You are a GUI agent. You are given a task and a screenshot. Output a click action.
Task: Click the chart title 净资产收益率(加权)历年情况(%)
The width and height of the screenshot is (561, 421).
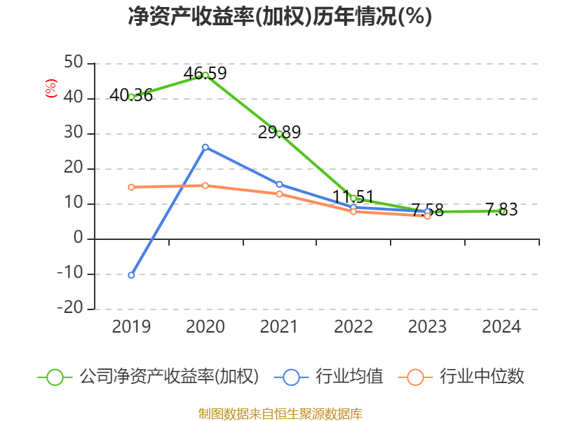[280, 16]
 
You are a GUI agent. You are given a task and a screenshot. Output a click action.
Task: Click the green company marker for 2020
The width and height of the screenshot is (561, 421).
[205, 75]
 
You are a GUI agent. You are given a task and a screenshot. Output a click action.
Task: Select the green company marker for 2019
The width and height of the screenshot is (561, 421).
[131, 97]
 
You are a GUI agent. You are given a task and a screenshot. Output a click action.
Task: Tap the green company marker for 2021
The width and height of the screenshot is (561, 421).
[279, 133]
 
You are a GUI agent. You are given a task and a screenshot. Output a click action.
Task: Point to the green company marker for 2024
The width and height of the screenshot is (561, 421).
[502, 211]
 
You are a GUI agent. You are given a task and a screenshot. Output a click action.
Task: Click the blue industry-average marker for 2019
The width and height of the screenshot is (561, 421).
[131, 275]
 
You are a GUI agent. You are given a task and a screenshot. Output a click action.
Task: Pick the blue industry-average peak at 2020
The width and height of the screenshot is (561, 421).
[205, 147]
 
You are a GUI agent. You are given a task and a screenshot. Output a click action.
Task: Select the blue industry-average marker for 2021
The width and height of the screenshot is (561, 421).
[279, 185]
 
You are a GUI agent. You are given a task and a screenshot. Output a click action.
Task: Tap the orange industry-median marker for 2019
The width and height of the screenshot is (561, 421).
[131, 187]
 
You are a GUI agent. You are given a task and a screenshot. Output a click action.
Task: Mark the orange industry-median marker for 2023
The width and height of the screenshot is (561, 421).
[428, 216]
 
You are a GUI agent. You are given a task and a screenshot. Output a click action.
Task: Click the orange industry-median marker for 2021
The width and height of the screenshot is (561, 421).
[279, 194]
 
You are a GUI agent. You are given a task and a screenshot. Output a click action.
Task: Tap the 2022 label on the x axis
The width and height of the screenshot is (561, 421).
[353, 327]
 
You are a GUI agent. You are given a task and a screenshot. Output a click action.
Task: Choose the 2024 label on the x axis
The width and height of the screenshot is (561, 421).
[502, 327]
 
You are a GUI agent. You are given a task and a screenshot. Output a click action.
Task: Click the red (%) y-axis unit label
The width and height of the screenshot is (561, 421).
[50, 88]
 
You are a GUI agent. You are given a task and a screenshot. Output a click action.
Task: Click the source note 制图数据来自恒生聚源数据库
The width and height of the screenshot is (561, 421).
[280, 413]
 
